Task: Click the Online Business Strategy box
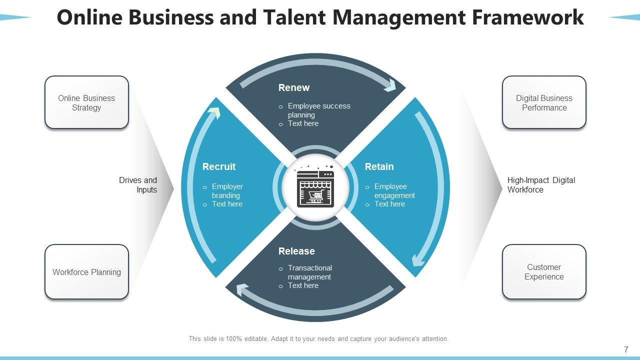[86, 102]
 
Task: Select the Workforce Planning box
[86, 272]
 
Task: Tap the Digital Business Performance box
[544, 102]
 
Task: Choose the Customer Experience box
[544, 272]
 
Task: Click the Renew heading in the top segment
[294, 88]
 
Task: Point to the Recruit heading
[218, 167]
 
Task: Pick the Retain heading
[379, 167]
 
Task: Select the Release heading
[296, 251]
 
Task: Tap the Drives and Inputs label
[138, 185]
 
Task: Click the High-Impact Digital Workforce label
[541, 185]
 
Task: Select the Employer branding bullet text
[227, 191]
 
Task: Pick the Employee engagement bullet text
[394, 191]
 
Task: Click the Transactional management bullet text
[309, 272]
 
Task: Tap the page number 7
[626, 350]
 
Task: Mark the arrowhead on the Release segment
[242, 289]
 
